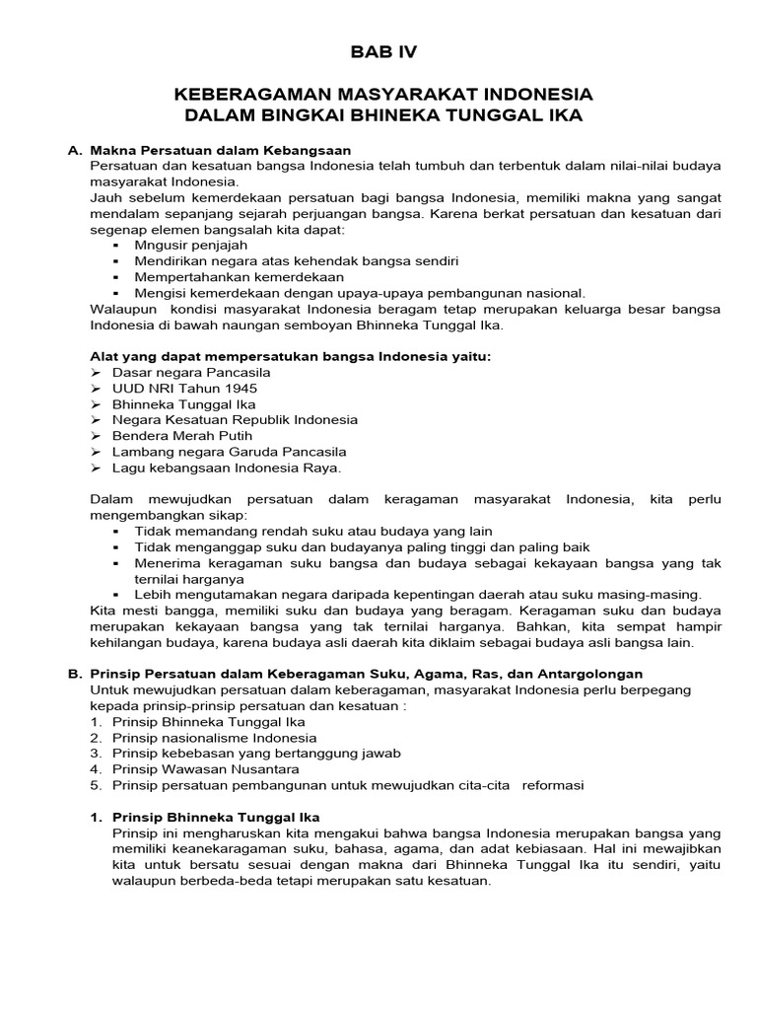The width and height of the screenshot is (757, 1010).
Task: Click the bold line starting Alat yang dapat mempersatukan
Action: [289, 356]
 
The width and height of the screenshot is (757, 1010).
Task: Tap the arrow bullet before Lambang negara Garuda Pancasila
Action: [96, 452]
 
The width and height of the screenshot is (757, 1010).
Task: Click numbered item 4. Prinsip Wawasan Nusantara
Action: [201, 768]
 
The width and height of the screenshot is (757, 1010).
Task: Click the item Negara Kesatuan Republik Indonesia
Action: [235, 420]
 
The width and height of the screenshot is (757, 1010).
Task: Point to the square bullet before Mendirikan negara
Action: [116, 261]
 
